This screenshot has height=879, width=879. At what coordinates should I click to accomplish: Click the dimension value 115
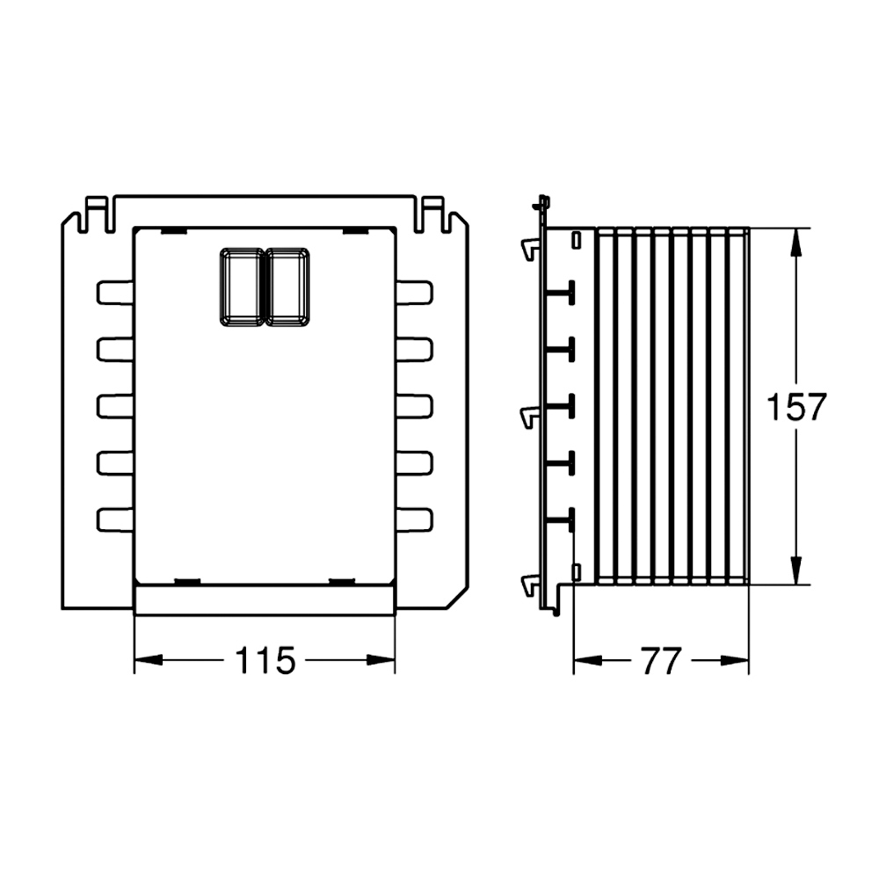265,660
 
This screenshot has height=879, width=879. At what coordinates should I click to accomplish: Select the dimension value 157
796,407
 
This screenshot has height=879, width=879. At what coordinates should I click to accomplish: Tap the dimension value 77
662,661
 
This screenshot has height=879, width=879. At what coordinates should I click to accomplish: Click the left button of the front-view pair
242,287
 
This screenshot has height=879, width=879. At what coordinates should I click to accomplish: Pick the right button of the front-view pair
287,287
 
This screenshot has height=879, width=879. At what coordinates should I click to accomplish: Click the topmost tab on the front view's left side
115,293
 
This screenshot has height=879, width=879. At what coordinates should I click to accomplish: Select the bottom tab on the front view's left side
115,519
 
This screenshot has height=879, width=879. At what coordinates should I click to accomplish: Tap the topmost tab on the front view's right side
414,293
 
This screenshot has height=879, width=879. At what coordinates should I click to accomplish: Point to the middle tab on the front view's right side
414,406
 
